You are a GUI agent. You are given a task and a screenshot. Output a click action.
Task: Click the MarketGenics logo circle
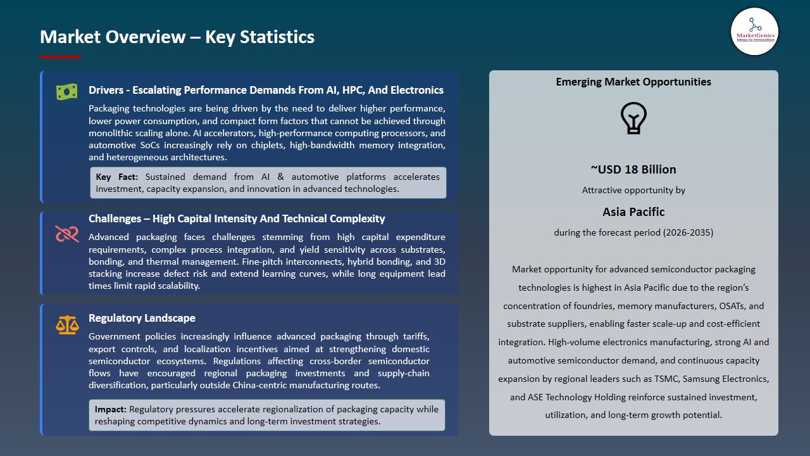coord(754,32)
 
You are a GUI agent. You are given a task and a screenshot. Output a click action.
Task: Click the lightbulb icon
coord(633,118)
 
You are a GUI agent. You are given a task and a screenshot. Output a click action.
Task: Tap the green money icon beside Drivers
coord(66,92)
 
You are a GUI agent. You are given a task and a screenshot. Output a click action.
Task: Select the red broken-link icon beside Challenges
coord(66,234)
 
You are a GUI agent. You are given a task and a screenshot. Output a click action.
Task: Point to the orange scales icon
coord(66,326)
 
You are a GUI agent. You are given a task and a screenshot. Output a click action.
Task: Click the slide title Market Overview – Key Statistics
coord(177,37)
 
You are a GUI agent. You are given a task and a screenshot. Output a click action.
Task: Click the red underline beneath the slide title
coord(60,57)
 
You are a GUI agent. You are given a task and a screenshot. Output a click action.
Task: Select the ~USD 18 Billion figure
coord(633,169)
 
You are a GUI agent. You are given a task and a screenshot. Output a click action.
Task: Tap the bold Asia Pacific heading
coord(633,212)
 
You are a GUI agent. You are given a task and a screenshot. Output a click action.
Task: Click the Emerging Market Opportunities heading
coord(633,82)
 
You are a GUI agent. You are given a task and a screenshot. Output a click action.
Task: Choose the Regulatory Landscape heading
coord(142,318)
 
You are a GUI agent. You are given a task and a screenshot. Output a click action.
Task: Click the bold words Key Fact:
coord(117,177)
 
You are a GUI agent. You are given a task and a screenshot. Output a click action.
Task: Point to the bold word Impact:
coord(111,409)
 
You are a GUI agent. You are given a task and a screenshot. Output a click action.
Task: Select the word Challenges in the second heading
coord(115,218)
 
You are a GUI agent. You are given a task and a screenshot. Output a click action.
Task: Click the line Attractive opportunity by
coord(633,190)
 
